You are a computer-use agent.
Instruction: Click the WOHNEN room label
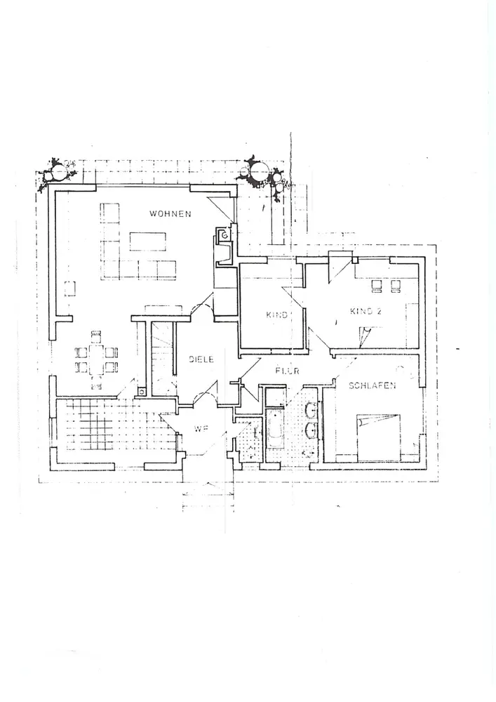coord(169,213)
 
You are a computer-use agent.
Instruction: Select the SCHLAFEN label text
coord(372,385)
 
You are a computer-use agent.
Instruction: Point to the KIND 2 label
coord(366,311)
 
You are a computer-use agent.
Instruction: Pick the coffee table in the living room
coord(147,241)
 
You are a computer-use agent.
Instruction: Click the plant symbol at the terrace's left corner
coord(55,171)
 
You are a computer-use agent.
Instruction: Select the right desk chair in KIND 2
coord(396,286)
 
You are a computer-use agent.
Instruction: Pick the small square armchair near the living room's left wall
coord(70,289)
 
